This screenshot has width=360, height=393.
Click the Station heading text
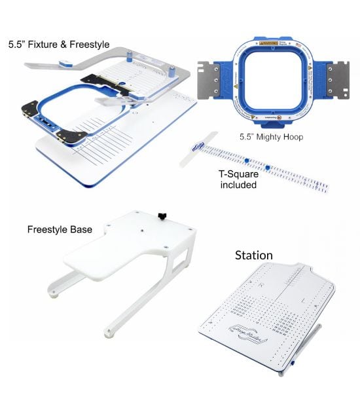click(x=253, y=254)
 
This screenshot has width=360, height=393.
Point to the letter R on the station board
click(x=262, y=286)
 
